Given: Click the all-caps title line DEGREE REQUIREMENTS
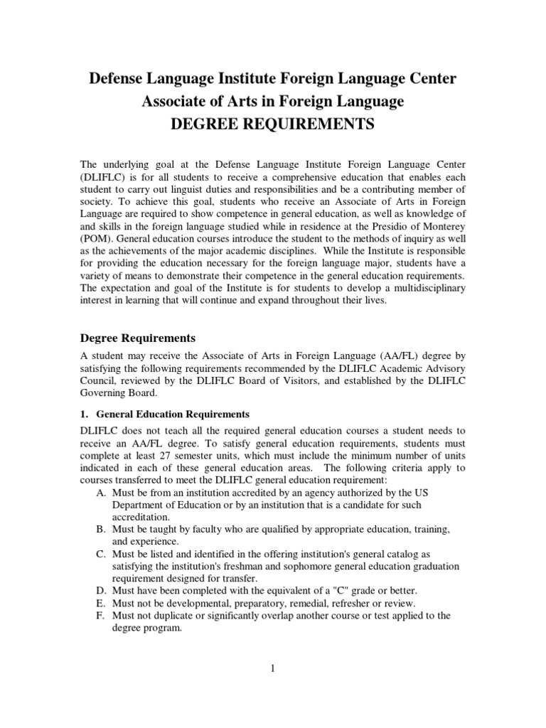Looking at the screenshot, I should coord(273,124).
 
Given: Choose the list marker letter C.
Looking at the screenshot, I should coord(100,553).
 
